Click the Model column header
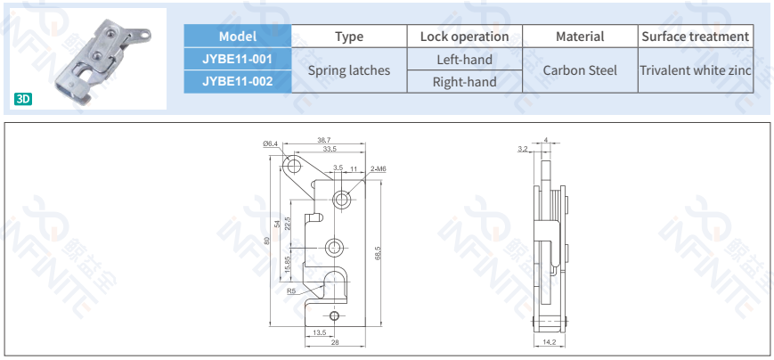point(237,37)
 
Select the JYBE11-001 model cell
point(237,60)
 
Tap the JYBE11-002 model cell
point(237,82)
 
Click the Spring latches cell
point(350,70)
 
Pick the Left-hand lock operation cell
point(464,60)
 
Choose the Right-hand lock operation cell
point(464,82)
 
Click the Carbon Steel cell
point(580,70)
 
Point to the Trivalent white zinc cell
point(696,70)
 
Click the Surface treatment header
point(696,37)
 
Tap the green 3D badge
point(23,99)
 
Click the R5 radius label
point(291,290)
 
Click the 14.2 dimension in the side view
point(550,341)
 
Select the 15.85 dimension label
point(287,266)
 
